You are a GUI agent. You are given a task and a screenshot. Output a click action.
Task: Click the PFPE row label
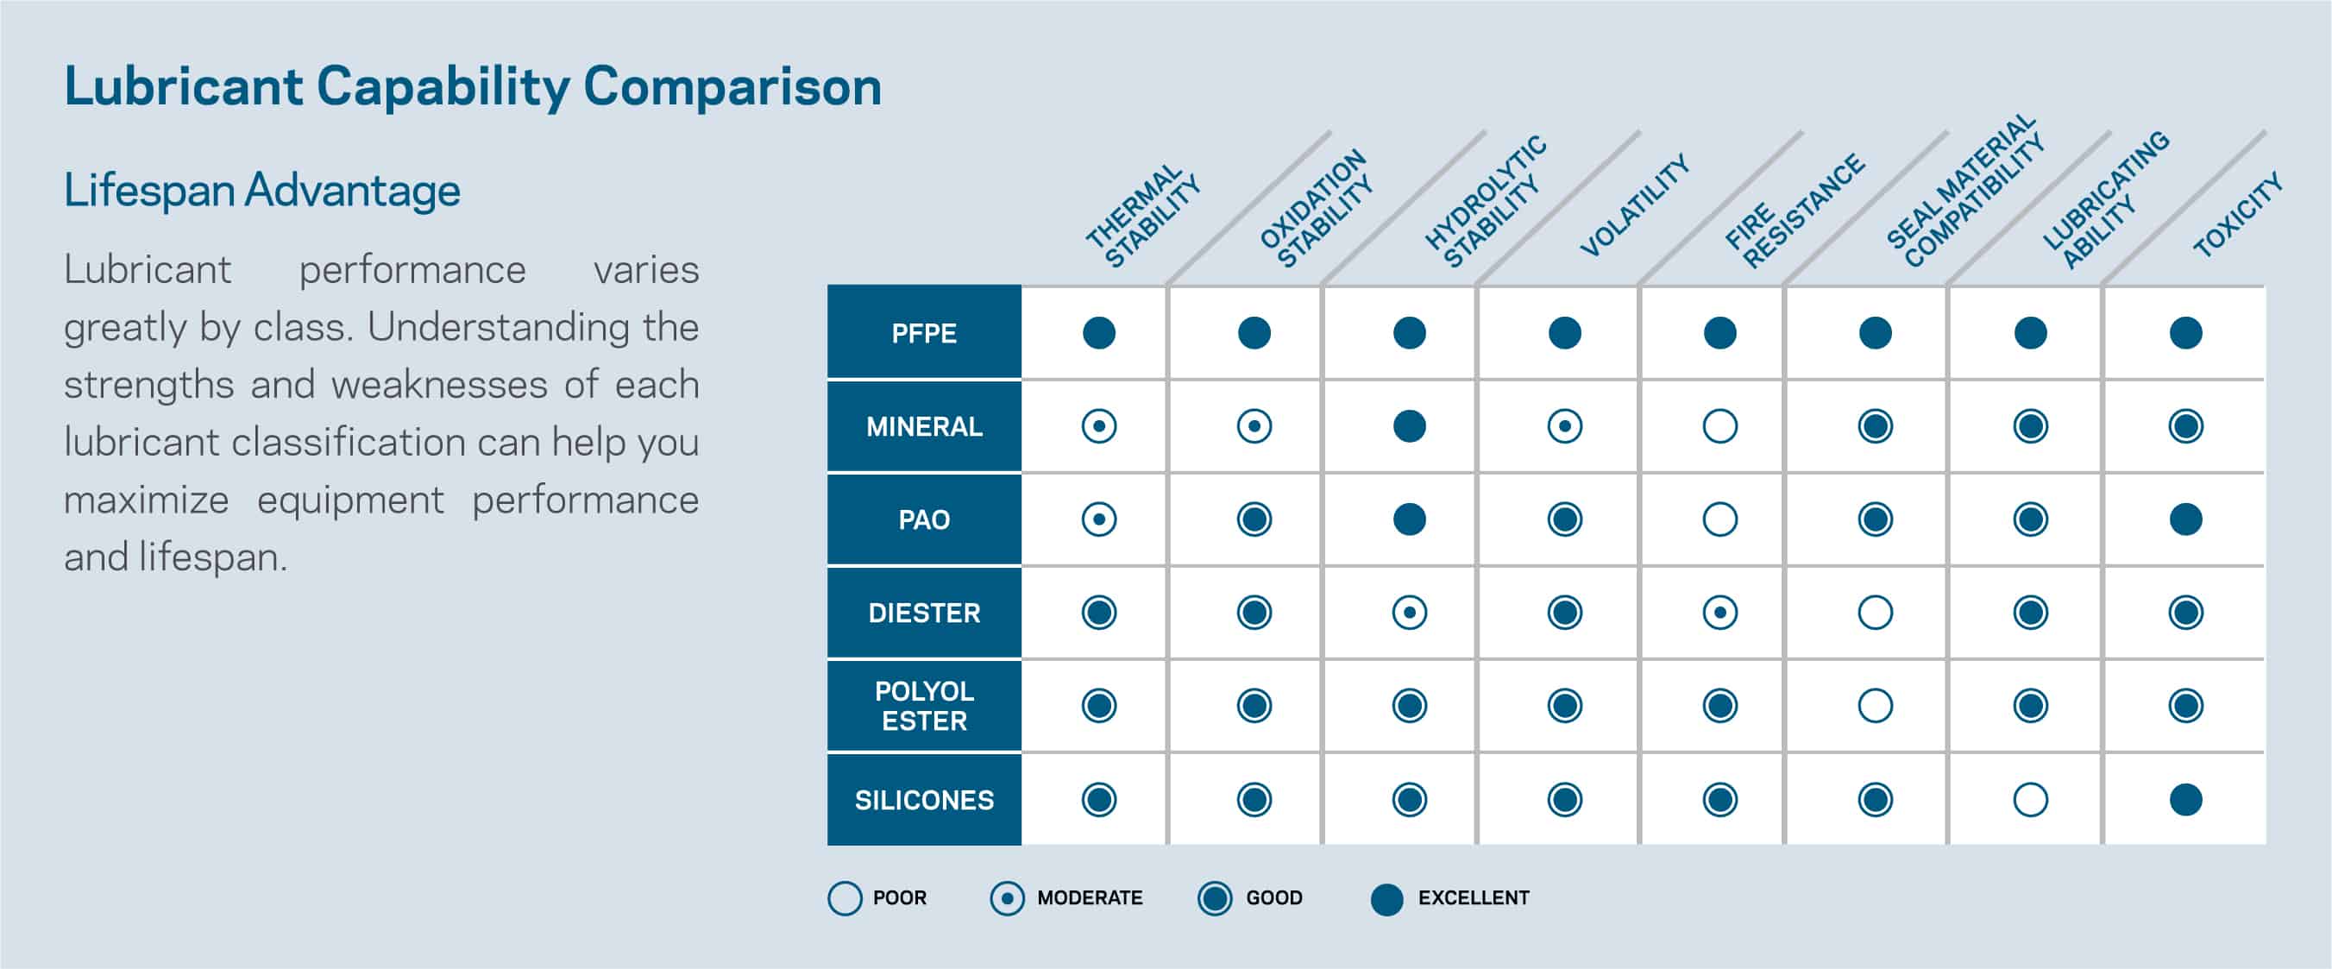923,333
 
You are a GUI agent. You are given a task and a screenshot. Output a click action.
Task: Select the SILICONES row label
923,800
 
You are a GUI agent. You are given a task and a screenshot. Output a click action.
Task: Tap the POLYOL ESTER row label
923,706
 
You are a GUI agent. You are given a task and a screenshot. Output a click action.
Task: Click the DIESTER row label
923,613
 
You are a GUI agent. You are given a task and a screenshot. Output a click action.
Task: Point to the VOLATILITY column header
1634,206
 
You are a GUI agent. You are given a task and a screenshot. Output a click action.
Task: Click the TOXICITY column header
2237,216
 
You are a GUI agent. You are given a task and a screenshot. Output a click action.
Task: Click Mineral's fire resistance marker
1719,426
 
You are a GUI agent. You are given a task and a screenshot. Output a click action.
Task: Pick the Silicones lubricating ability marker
2030,800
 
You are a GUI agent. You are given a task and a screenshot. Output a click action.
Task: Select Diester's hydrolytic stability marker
1409,613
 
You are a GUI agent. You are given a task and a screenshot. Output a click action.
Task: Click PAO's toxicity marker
2185,519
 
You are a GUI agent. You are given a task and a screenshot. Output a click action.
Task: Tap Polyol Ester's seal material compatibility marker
1875,706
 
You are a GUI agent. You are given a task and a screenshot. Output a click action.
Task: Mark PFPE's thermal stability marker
1098,333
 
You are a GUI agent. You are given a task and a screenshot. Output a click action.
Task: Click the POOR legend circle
845,898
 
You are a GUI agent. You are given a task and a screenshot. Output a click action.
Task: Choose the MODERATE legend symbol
1007,898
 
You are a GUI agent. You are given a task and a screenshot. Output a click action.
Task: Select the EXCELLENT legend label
1473,897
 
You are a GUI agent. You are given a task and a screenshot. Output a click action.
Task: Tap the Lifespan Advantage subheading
261,191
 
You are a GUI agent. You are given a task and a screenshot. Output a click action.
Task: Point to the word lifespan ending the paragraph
211,558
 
